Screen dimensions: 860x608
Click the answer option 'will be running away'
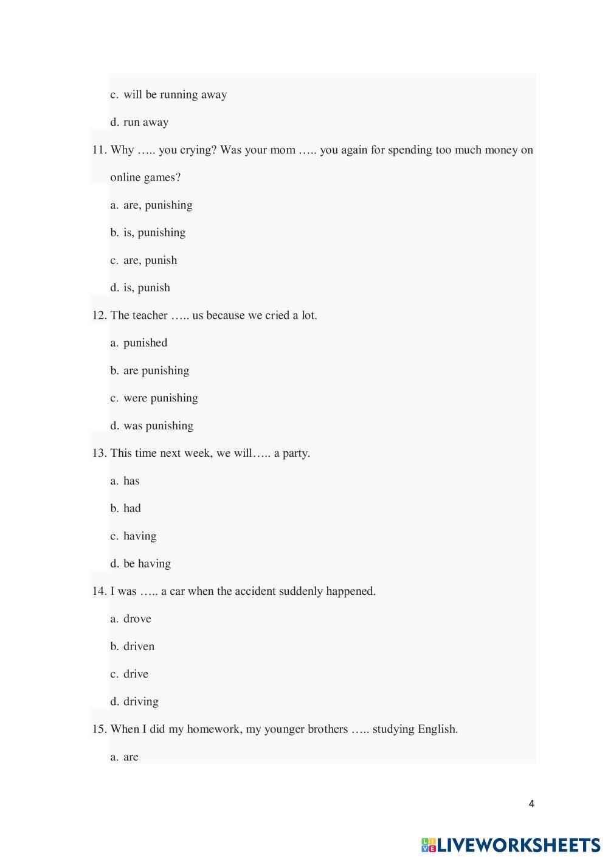coord(175,95)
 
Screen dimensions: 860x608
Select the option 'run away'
coord(146,122)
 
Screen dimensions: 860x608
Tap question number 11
coord(99,150)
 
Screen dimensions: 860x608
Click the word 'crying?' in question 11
coord(198,150)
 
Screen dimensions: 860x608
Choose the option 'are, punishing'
coord(158,205)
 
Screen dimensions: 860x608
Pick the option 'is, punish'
coord(147,288)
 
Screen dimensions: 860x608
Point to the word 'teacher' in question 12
coord(150,316)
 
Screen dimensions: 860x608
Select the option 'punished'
coord(145,343)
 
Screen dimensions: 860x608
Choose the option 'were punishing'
coord(161,398)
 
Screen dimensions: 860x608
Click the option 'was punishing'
coord(158,426)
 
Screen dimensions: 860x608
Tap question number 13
coord(99,453)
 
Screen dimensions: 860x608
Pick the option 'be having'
coord(147,564)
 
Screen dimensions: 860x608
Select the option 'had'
coord(132,508)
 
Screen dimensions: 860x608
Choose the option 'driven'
coord(139,647)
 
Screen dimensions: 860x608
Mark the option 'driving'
coord(141,702)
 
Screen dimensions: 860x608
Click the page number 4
coord(531,804)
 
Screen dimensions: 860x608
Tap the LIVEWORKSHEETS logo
coord(511,845)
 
